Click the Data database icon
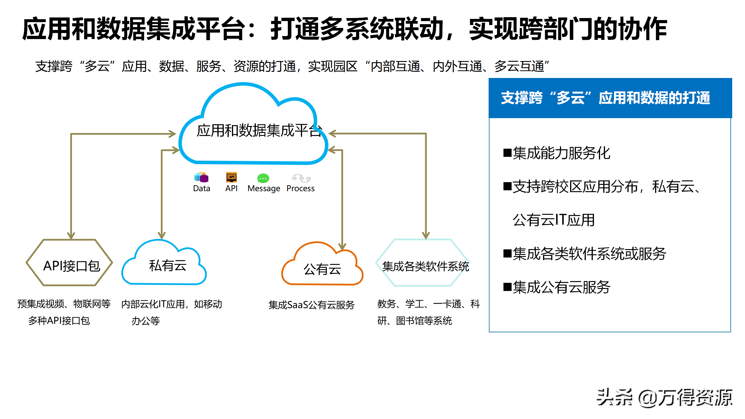coord(201,177)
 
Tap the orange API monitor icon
coord(231,177)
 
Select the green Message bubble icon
coord(263,178)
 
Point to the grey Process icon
coord(301,178)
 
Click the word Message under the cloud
coord(264,189)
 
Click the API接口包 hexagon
coord(70,263)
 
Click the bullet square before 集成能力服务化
coord(507,153)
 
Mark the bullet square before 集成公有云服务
coord(507,287)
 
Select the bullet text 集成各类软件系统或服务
coord(589,254)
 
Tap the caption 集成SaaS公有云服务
coord(311,305)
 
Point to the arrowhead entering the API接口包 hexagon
coord(71,236)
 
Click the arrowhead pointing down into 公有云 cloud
coord(342,246)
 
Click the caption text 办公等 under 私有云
coord(146,321)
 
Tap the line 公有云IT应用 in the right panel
coord(553,220)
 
